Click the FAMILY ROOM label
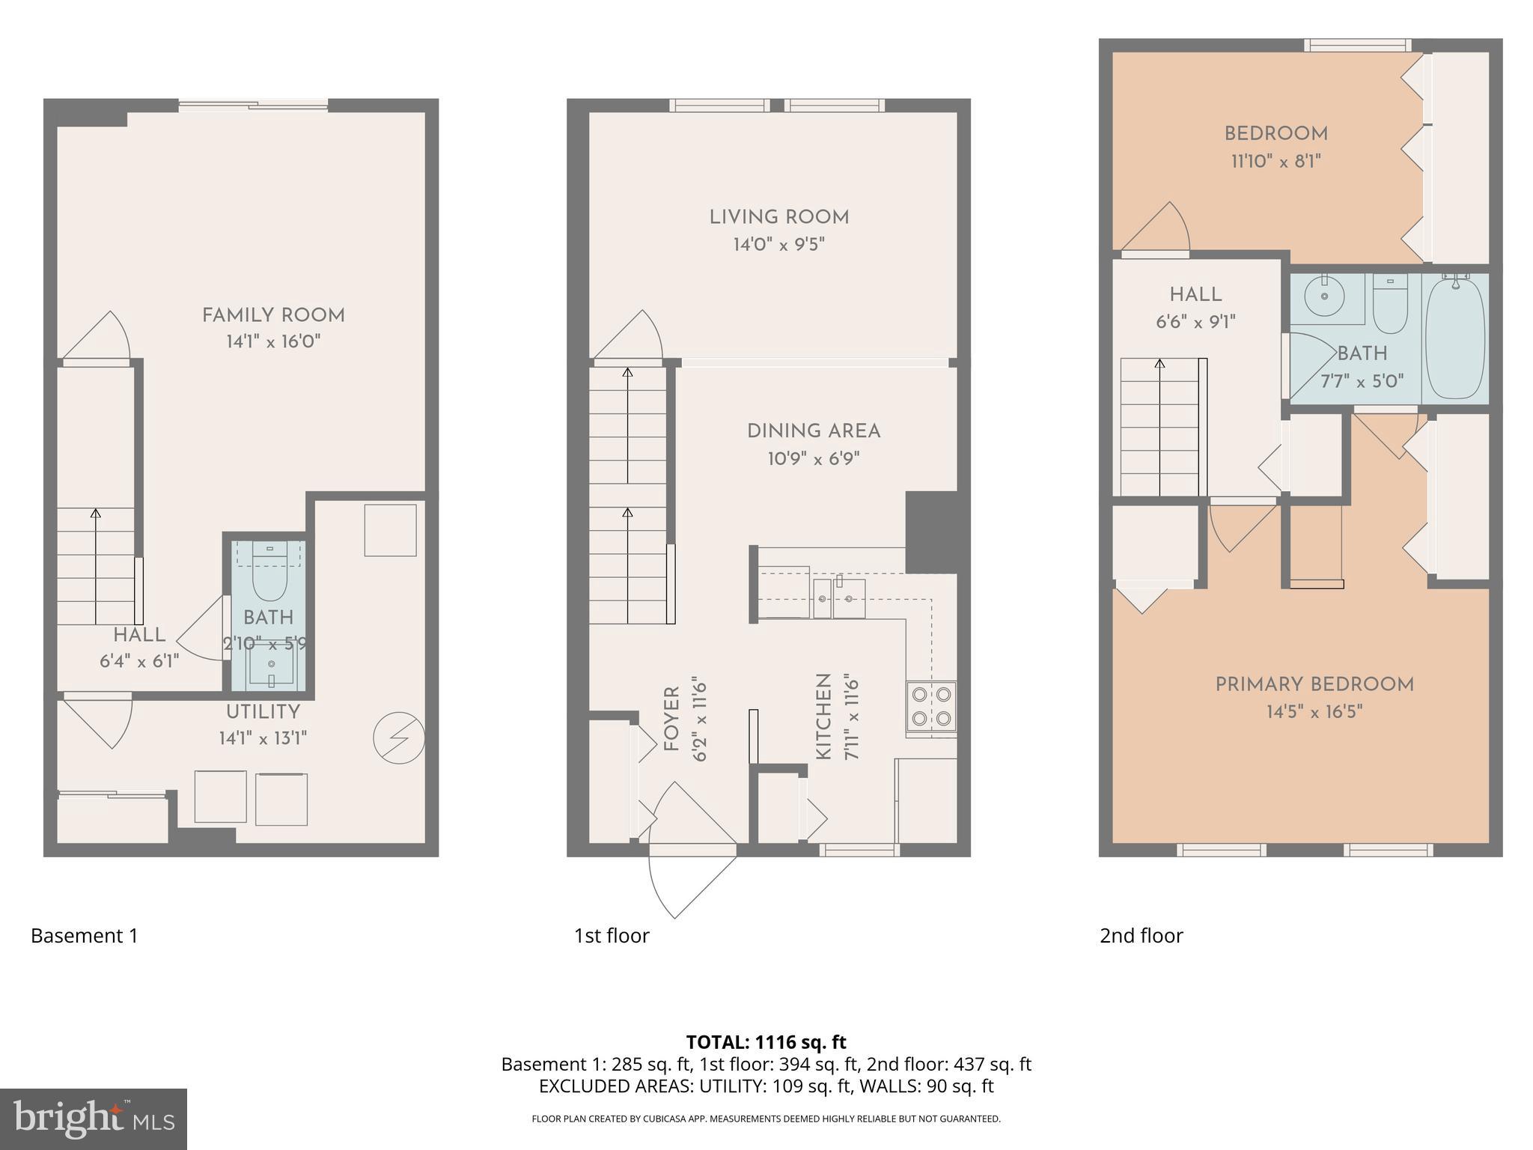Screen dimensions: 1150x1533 point(273,315)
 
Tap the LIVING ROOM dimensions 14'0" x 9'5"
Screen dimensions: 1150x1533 point(778,245)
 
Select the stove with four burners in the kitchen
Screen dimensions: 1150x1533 point(931,707)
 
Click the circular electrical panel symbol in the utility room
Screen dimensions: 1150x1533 point(399,738)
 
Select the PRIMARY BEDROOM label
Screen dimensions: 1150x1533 point(1314,684)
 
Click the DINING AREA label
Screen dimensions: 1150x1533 point(813,431)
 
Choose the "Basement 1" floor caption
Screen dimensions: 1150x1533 point(84,936)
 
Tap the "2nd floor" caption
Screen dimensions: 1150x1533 point(1141,936)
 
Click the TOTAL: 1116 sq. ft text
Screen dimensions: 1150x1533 point(766,1042)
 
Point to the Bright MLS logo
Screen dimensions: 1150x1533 point(94,1119)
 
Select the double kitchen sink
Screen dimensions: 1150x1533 point(839,598)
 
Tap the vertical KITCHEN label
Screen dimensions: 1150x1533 point(823,717)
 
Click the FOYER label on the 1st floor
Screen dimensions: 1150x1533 point(671,719)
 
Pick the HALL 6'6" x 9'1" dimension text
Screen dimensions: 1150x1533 point(1195,322)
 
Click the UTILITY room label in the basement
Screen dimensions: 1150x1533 point(263,712)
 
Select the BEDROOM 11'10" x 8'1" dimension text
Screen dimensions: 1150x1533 point(1276,161)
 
